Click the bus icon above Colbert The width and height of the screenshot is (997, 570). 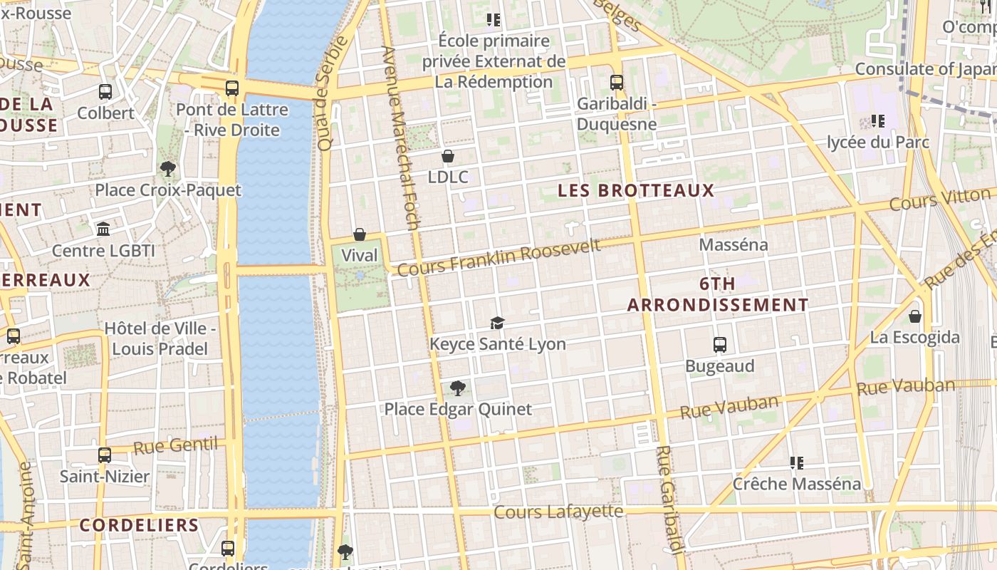tap(105, 91)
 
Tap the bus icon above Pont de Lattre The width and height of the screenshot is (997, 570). tap(232, 88)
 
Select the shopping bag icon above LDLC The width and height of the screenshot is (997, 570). tap(448, 156)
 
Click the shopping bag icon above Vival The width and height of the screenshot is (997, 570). tap(360, 234)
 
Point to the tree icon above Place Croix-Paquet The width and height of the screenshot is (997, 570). tap(168, 169)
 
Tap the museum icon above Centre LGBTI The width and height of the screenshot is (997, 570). tap(103, 229)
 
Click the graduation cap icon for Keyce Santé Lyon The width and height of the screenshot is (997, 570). tap(497, 323)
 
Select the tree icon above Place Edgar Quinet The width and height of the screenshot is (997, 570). tap(458, 388)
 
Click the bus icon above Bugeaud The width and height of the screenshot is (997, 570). tap(720, 345)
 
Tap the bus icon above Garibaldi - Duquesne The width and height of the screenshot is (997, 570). tap(617, 83)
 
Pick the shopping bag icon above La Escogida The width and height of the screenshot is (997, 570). tap(915, 316)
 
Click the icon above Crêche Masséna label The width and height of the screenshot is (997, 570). tap(797, 463)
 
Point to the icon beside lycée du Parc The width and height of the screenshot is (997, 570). tap(878, 121)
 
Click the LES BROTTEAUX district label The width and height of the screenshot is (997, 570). tap(636, 190)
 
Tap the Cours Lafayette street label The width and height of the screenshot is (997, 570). tap(558, 512)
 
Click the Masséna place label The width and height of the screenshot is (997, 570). tap(734, 245)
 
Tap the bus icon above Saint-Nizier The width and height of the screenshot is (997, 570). tap(105, 455)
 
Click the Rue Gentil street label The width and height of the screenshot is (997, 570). tap(175, 446)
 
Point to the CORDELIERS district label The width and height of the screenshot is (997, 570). tap(139, 525)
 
